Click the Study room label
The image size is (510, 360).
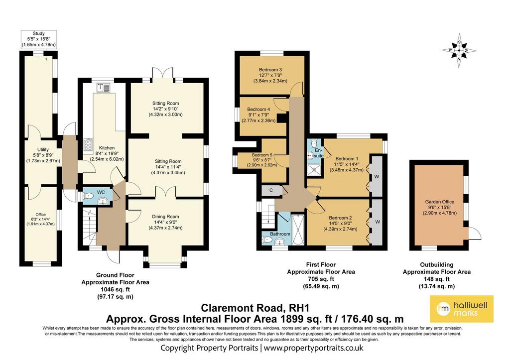pyautogui.click(x=39, y=33)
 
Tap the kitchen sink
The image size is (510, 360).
pyautogui.click(x=104, y=87)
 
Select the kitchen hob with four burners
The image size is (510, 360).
pyautogui.click(x=88, y=145)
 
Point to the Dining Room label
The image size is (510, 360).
pyautogui.click(x=165, y=217)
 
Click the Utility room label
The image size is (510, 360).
pyautogui.click(x=43, y=149)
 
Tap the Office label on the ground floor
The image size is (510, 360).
pyautogui.click(x=41, y=215)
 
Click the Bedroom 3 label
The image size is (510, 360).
pyautogui.click(x=270, y=70)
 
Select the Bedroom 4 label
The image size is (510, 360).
pyautogui.click(x=258, y=110)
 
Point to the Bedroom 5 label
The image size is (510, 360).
pyautogui.click(x=262, y=155)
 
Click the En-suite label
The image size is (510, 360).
pyautogui.click(x=319, y=153)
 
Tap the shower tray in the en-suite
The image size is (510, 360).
pyautogui.click(x=315, y=168)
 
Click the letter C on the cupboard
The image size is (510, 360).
pyautogui.click(x=271, y=191)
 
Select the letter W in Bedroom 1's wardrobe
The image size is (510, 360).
pyautogui.click(x=377, y=177)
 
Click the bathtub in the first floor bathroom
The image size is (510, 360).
pyautogui.click(x=298, y=230)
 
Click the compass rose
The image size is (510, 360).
pyautogui.click(x=459, y=50)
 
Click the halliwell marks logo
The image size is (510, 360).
pyautogui.click(x=462, y=309)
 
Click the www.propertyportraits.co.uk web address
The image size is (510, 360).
pyautogui.click(x=314, y=348)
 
